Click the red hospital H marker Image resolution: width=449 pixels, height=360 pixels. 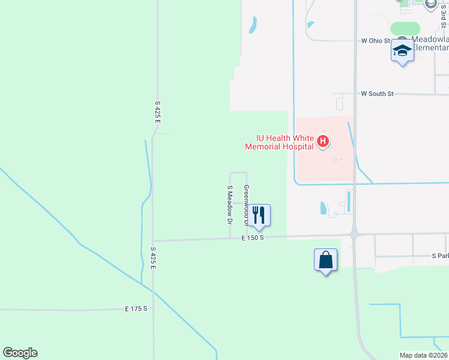click(323, 142)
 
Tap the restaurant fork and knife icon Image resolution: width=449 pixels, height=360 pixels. click(259, 215)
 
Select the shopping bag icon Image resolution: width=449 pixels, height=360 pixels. click(326, 260)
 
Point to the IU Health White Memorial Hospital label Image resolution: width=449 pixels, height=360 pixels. click(280, 142)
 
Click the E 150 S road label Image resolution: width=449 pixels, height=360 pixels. click(253, 238)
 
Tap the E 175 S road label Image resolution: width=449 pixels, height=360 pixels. click(136, 308)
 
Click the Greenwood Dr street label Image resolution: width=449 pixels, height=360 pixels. click(246, 204)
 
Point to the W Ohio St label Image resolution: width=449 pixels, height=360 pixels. click(376, 41)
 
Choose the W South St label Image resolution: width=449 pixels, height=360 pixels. click(377, 94)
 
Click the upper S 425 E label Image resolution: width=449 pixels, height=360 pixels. click(158, 112)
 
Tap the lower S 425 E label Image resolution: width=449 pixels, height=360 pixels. click(153, 257)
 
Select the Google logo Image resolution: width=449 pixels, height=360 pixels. click(20, 353)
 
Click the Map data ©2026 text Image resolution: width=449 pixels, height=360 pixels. click(424, 355)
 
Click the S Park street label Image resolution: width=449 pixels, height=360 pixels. click(440, 256)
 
